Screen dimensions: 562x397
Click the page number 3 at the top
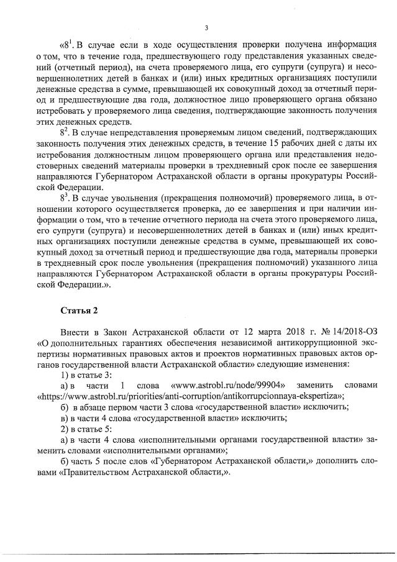(204, 27)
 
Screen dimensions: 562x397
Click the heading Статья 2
(79, 309)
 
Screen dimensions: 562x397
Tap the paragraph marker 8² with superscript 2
(63, 132)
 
